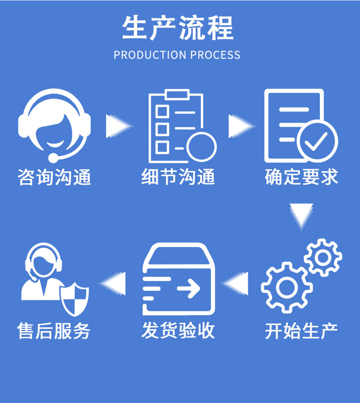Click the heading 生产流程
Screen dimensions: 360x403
click(x=177, y=28)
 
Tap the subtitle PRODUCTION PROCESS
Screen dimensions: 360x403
click(x=177, y=55)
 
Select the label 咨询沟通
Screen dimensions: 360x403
click(x=55, y=177)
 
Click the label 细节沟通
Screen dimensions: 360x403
click(x=178, y=177)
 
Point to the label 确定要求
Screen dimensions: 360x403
click(x=302, y=177)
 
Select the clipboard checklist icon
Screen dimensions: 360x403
click(x=178, y=125)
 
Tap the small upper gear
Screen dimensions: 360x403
click(x=323, y=257)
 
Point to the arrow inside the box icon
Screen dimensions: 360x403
click(x=188, y=288)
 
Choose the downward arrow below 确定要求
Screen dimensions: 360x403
click(x=301, y=214)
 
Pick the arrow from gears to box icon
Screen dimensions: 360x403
click(x=237, y=283)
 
